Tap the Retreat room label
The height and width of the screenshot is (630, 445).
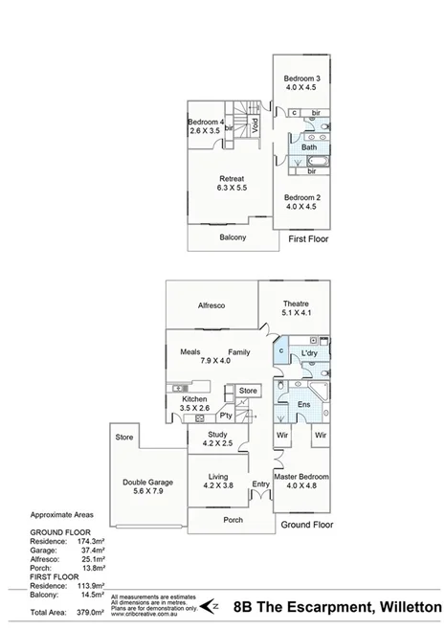tap(232, 179)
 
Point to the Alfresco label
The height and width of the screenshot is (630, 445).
tap(211, 305)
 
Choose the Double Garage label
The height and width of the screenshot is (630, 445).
tap(145, 482)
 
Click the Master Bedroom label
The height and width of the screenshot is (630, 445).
tap(301, 476)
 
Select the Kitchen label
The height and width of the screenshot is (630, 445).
tap(195, 398)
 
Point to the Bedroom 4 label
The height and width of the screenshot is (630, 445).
tap(206, 122)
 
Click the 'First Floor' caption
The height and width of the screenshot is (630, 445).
tap(308, 238)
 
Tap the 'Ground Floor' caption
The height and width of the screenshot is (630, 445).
tap(305, 526)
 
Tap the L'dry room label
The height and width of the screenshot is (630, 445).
tap(309, 353)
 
